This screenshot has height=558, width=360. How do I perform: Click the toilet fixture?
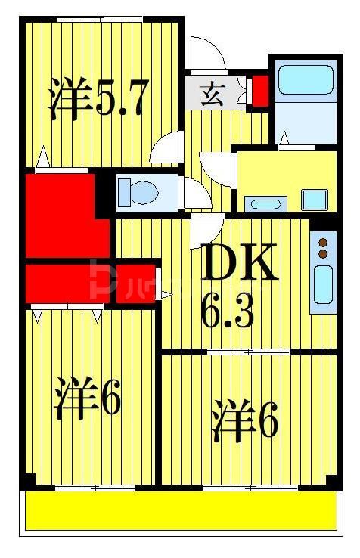pos(137,192)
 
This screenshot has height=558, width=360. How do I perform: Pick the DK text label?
pos(238,263)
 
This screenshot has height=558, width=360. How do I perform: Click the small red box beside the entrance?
pos(259,90)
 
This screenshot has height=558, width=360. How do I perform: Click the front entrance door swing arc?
pos(206,54)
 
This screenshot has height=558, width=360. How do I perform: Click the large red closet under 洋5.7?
pos(61,215)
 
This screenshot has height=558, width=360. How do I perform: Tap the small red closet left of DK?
pos(135,283)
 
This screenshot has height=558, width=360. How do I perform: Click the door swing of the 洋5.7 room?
pos(167,148)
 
